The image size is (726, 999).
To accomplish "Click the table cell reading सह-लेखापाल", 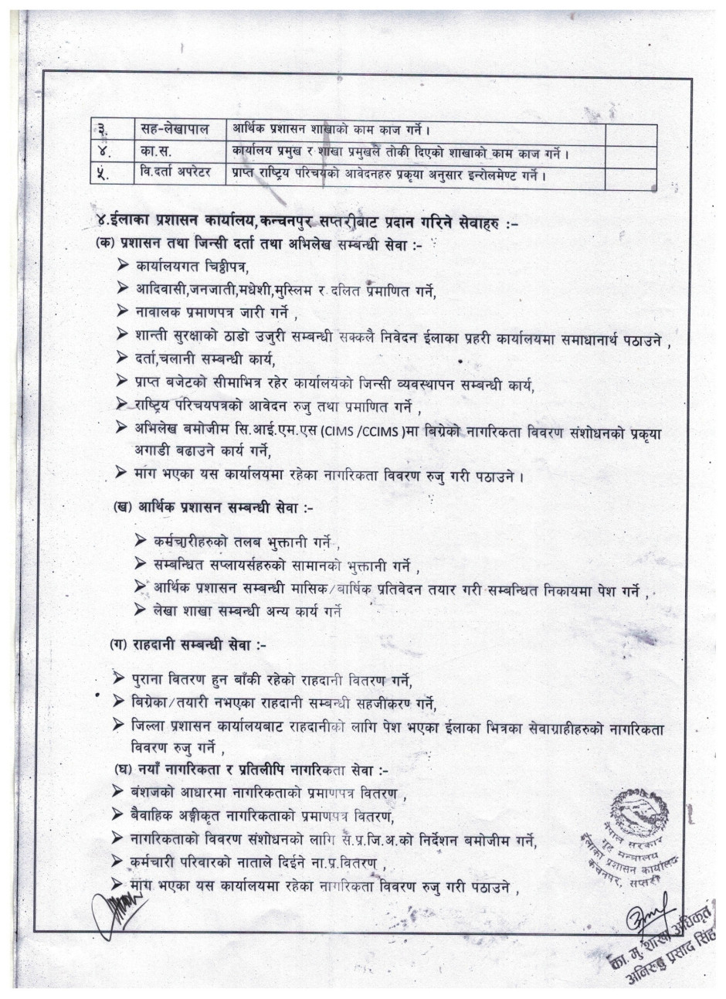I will click(x=175, y=129).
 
